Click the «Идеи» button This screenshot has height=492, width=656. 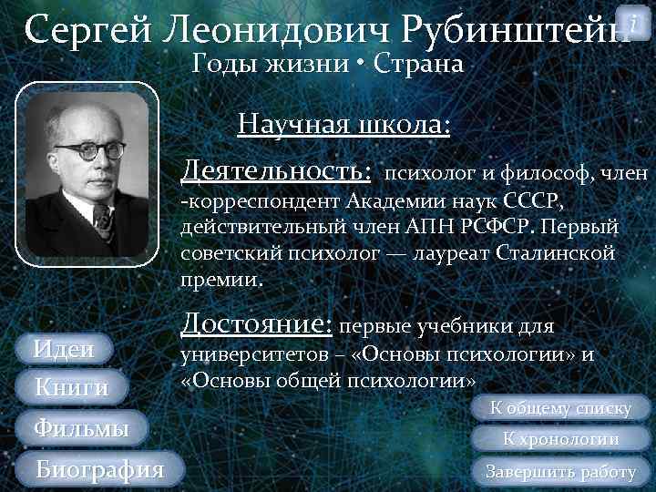65,348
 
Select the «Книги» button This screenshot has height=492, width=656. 71,387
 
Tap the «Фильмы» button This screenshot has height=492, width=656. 80,427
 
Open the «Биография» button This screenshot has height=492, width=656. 99,469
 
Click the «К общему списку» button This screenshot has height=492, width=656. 560,408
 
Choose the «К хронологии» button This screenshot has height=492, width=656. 561,439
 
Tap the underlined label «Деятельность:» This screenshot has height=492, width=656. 277,170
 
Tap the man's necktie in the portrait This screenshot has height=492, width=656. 101,222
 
